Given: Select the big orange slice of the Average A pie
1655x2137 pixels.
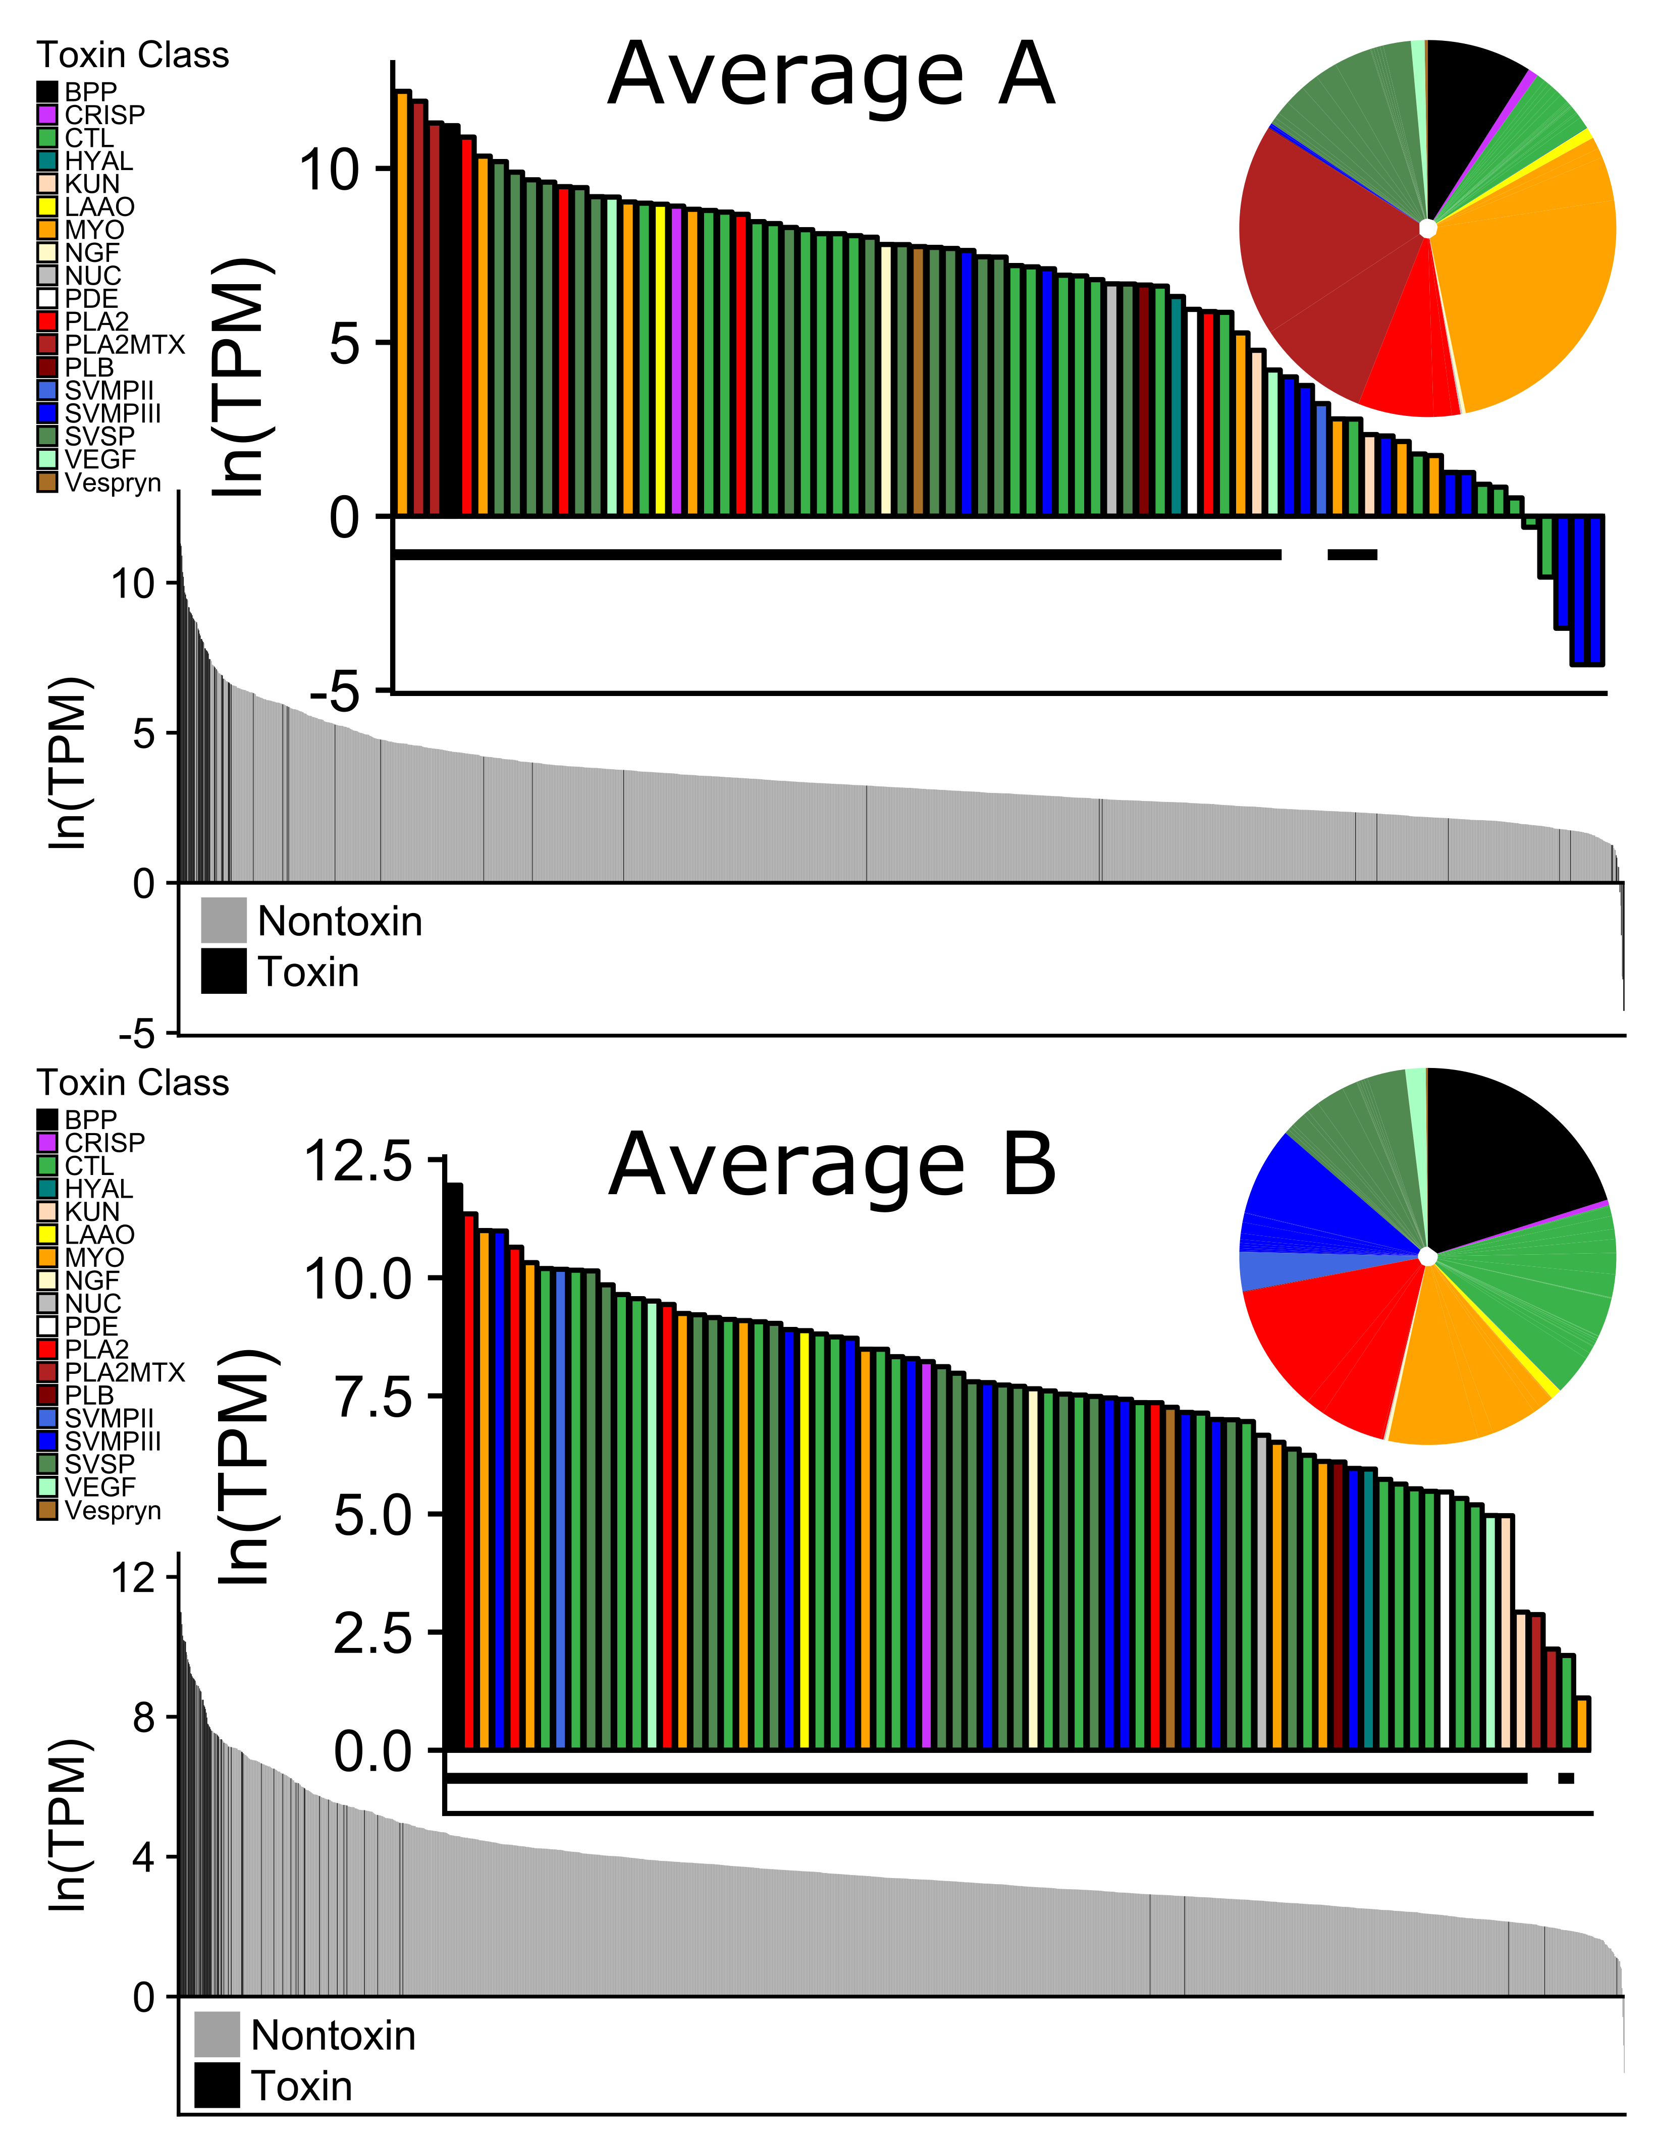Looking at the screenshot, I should point(1527,284).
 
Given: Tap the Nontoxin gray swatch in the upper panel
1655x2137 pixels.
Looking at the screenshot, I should point(223,921).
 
